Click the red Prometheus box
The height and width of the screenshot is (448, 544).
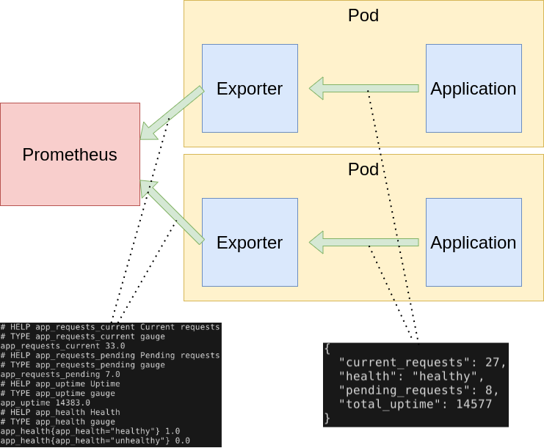(70, 155)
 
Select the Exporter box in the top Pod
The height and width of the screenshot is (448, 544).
(250, 89)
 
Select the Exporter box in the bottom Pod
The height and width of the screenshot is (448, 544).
(250, 242)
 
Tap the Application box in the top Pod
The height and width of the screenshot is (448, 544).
(473, 89)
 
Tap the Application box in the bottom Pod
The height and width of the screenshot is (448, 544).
(473, 242)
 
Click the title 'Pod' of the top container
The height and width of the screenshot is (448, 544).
(363, 15)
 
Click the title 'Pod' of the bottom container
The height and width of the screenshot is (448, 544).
(363, 169)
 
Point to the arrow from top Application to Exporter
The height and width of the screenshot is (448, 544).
(363, 89)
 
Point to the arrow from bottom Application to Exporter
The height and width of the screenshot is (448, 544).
(363, 242)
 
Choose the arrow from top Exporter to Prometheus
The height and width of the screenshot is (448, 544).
(172, 113)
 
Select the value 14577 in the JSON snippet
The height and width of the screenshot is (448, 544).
(471, 404)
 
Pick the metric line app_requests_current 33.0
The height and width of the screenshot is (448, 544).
(62, 345)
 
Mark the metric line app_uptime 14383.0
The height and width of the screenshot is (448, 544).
(46, 403)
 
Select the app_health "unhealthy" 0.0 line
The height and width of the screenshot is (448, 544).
(95, 441)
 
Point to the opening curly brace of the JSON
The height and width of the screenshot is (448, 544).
(327, 349)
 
